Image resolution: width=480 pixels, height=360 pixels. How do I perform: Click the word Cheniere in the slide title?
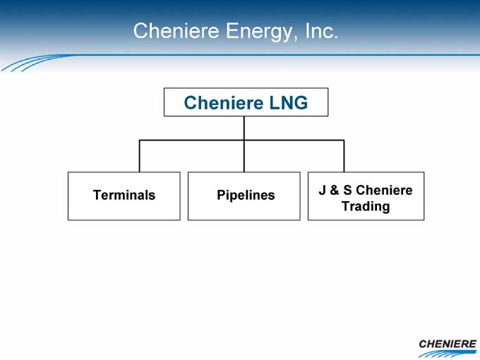pos(176,30)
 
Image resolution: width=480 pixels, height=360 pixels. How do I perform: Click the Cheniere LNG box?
pos(246,102)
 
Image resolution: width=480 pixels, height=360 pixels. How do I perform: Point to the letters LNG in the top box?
pos(289,102)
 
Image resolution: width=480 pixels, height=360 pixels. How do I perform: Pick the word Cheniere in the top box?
pos(224,102)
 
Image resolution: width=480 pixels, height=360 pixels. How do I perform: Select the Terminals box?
pos(124,196)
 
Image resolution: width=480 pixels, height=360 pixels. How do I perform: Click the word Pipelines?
pos(246,196)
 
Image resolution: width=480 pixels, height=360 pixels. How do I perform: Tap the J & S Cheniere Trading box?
pos(366,196)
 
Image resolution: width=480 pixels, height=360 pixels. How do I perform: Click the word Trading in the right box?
pos(366,206)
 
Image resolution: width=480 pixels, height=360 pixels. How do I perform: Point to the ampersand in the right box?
pos(334,190)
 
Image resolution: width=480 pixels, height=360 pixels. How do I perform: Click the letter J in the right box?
pos(323,190)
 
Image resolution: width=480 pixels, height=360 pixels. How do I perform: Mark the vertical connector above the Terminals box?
pos(139,156)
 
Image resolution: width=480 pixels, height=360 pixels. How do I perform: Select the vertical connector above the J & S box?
pos(344,156)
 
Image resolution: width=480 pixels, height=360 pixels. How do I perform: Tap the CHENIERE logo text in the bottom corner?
pos(448,344)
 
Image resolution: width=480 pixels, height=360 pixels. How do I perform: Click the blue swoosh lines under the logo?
pos(448,354)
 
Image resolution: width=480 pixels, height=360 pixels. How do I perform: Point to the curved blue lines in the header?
pos(34,63)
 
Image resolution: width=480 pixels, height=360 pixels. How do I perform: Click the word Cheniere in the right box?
pos(384,190)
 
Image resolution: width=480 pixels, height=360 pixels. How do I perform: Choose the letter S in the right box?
pos(347,190)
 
